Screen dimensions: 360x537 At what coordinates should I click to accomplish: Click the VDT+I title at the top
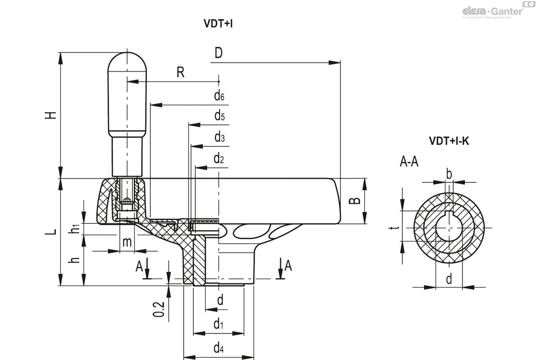tap(218, 24)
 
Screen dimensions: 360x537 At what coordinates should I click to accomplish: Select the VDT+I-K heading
tap(449, 141)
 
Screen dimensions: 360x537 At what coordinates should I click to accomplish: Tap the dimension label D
tap(218, 53)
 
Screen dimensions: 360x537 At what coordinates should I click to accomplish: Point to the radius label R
tap(180, 73)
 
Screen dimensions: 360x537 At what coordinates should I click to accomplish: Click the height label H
tap(52, 115)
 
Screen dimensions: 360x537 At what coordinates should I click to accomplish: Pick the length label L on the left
tap(52, 231)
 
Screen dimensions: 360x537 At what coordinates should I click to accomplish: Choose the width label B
tap(354, 201)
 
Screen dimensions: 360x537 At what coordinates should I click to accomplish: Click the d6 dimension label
tap(219, 95)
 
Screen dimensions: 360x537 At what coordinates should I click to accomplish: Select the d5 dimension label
tap(219, 116)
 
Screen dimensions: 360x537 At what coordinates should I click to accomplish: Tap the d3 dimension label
tap(219, 137)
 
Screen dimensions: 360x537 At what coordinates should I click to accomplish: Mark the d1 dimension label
tap(218, 324)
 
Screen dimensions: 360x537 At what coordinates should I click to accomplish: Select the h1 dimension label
tap(76, 228)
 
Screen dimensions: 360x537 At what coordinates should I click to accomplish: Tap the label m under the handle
tap(127, 242)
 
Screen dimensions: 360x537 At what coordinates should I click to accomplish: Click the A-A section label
tap(409, 162)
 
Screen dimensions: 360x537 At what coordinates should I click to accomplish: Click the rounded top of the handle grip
tap(128, 60)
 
